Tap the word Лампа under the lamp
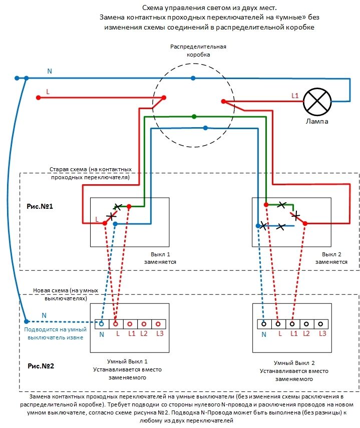pyautogui.click(x=318, y=122)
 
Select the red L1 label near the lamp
pyautogui.click(x=295, y=95)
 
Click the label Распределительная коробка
pyautogui.click(x=198, y=51)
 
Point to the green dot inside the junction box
pyautogui.click(x=194, y=117)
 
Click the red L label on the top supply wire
pyautogui.click(x=48, y=92)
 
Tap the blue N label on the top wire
pyautogui.click(x=49, y=71)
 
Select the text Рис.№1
pyautogui.click(x=40, y=206)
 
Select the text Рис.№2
pyautogui.click(x=41, y=365)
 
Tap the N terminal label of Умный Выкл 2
pyautogui.click(x=264, y=334)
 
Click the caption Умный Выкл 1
pyautogui.click(x=128, y=361)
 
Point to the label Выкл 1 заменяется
pyautogui.click(x=160, y=258)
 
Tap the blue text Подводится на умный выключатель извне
pyautogui.click(x=55, y=333)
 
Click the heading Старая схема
pyautogui.click(x=91, y=173)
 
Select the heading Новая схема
pyautogui.click(x=66, y=294)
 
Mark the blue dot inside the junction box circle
pyautogui.click(x=205, y=128)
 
